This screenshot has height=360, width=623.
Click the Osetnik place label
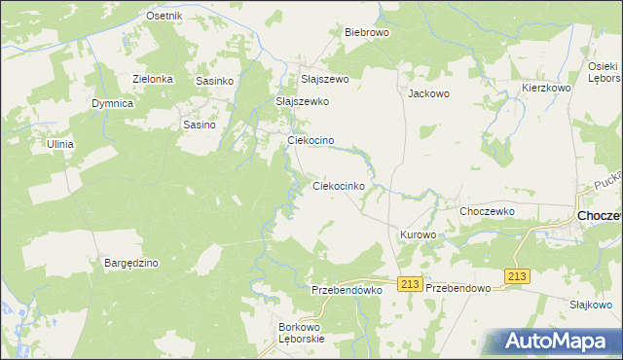pyautogui.click(x=164, y=17)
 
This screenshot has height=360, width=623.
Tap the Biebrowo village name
pyautogui.click(x=367, y=32)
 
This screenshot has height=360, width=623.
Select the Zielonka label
pyautogui.click(x=153, y=80)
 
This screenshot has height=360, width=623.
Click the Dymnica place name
pyautogui.click(x=112, y=103)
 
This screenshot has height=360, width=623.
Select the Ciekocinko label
pyautogui.click(x=339, y=185)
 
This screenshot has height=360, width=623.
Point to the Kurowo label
pyautogui.click(x=419, y=235)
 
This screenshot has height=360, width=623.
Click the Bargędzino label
pyautogui.click(x=131, y=263)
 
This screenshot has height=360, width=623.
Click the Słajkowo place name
pyautogui.click(x=590, y=304)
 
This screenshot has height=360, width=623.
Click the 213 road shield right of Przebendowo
pyautogui.click(x=517, y=277)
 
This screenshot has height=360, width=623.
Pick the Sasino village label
pyautogui.click(x=200, y=125)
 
